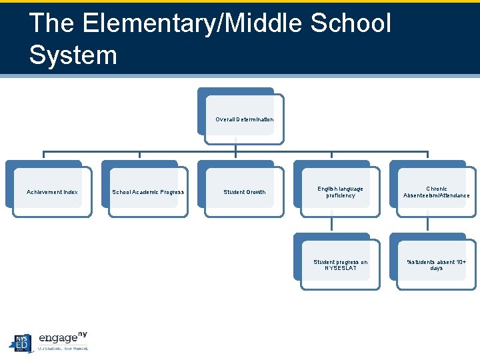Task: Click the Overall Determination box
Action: click(244, 119)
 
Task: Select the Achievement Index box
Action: click(52, 192)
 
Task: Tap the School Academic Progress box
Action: click(148, 192)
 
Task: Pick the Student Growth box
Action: click(244, 192)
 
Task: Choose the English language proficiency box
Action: click(340, 192)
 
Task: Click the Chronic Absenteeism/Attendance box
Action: click(436, 192)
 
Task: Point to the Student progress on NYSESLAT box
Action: click(340, 265)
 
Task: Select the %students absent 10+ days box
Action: click(436, 265)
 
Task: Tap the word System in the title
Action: click(73, 55)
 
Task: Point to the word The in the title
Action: click(51, 24)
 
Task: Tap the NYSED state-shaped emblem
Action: click(21, 342)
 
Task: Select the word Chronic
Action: click(437, 189)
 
